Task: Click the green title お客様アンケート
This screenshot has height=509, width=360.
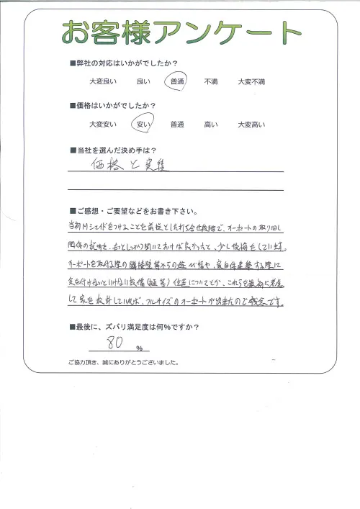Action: (x=180, y=32)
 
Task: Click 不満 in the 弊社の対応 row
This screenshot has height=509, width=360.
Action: (x=211, y=83)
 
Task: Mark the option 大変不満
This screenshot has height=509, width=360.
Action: (x=251, y=83)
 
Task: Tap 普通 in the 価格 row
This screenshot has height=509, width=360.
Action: (x=177, y=125)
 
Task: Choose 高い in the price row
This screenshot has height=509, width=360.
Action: (x=211, y=125)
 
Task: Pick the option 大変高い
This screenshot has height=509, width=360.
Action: (x=251, y=125)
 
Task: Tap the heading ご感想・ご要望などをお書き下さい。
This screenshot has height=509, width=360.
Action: (x=134, y=211)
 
